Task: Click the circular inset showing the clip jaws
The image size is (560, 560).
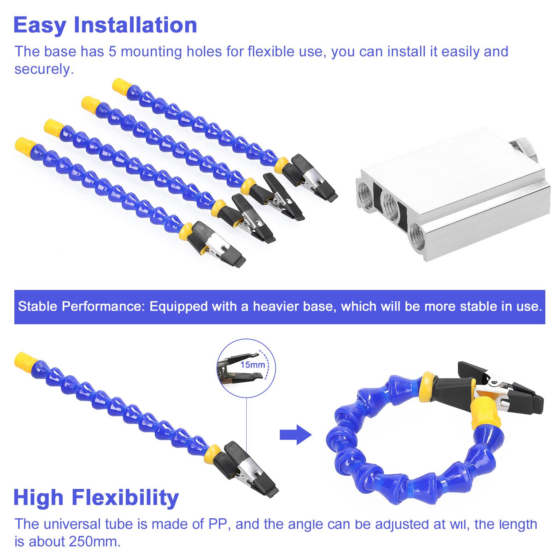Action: (246, 366)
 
